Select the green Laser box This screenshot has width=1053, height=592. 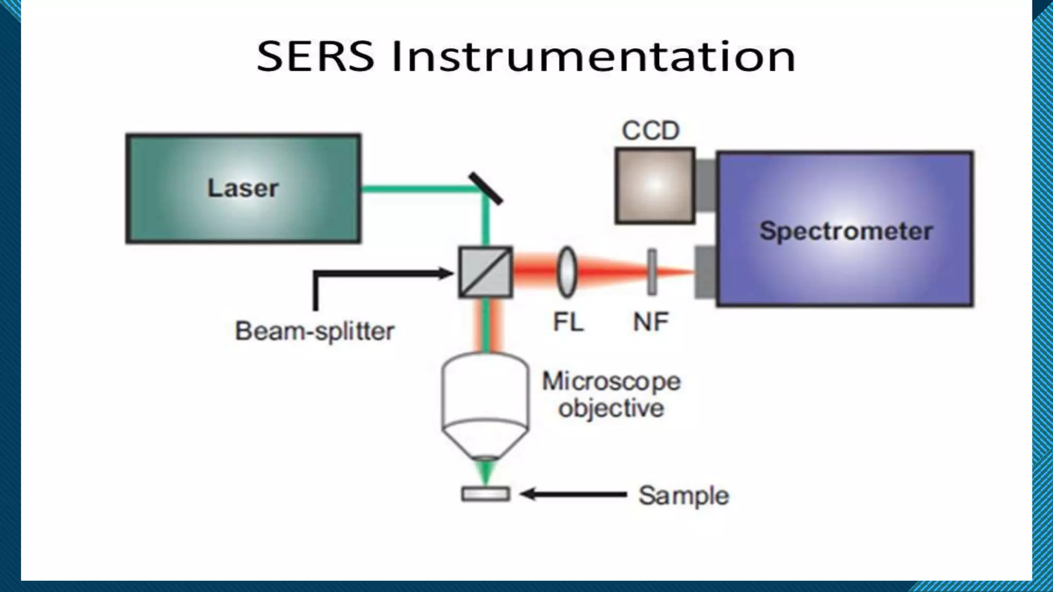coord(243,188)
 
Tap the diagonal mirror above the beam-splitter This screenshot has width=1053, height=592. coord(485,189)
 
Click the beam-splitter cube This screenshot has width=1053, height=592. coord(485,272)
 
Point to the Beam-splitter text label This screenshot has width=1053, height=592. coord(315,331)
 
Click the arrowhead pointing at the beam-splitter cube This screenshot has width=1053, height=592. coord(445,273)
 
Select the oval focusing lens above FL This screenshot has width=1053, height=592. coord(567,272)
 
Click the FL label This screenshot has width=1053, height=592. coord(568,323)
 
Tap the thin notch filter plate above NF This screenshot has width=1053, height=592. coord(652,272)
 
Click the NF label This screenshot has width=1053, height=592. coord(650,323)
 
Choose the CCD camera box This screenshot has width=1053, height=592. coord(655,186)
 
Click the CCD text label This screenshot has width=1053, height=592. coord(650,131)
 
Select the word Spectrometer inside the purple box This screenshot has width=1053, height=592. coord(846,231)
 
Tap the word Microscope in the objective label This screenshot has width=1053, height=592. coord(611,381)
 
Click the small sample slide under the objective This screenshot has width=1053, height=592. coord(485,494)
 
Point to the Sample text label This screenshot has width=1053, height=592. coord(683,496)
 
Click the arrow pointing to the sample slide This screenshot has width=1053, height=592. coord(571,495)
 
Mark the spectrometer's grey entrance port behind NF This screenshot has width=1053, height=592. coord(705,272)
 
